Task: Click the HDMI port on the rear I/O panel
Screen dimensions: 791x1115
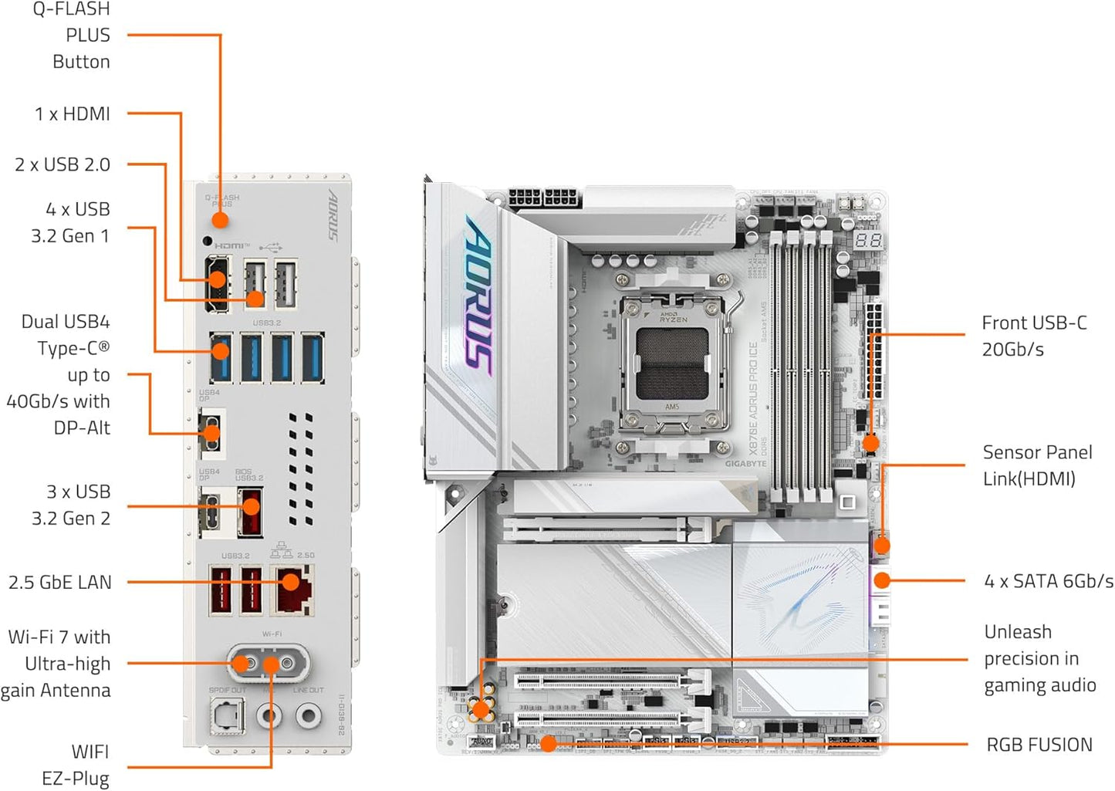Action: (217, 285)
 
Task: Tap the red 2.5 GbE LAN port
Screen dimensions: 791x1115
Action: (294, 590)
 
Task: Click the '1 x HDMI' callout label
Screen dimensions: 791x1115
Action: (73, 114)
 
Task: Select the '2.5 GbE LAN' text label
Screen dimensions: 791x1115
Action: (60, 583)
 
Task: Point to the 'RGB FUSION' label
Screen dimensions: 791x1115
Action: (1039, 745)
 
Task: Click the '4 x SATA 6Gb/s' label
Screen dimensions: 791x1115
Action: (1048, 581)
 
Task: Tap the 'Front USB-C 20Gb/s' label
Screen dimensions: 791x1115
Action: (1034, 336)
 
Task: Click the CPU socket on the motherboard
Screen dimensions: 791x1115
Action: (672, 363)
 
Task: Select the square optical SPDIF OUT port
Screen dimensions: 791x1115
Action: (228, 716)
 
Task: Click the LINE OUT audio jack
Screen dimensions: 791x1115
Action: (308, 716)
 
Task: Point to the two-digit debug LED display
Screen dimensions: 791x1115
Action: (868, 240)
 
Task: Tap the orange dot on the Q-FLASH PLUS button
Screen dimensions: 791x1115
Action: (220, 220)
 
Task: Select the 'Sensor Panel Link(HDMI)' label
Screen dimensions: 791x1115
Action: (1037, 465)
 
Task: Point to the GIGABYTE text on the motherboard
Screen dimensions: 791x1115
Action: (745, 464)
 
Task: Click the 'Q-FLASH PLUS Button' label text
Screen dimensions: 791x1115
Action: (74, 35)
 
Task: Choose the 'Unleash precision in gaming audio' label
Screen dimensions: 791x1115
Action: (1039, 658)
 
